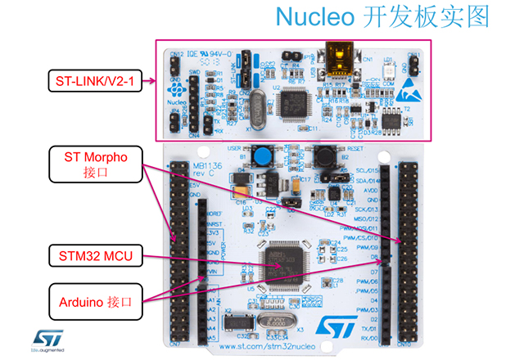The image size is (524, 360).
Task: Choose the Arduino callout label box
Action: pyautogui.click(x=96, y=301)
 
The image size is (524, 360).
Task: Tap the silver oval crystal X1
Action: pyautogui.click(x=257, y=110)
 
